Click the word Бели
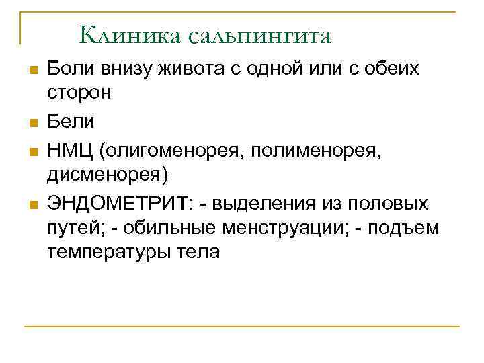click(71, 121)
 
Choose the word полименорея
click(315, 148)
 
